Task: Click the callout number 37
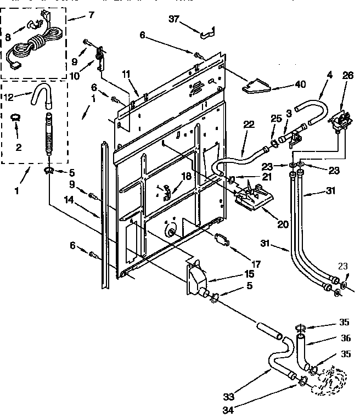click(x=173, y=20)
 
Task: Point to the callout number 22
click(x=249, y=125)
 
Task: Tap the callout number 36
click(x=346, y=339)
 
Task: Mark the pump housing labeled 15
click(x=195, y=278)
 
